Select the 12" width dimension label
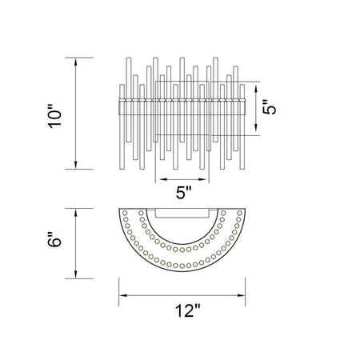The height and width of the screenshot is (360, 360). pos(187,310)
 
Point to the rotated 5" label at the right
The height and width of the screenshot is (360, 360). pos(269,107)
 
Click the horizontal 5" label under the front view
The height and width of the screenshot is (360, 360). pos(184,192)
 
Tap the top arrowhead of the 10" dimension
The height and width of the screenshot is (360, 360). pos(76,62)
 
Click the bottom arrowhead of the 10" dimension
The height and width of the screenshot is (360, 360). pos(76,165)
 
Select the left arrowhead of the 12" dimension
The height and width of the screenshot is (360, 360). pos(123,295)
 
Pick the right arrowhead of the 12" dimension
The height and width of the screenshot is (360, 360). pos(241,295)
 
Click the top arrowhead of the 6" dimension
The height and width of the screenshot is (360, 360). pos(76,213)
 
